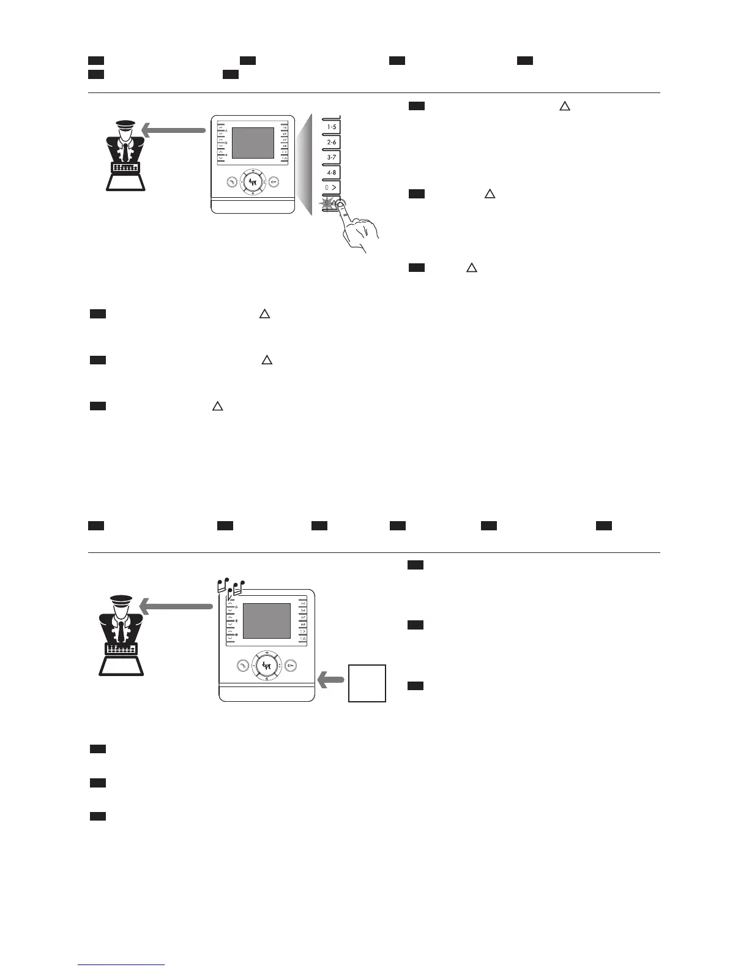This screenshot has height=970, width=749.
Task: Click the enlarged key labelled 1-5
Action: [x=331, y=127]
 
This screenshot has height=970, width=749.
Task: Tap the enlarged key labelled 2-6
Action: [x=331, y=142]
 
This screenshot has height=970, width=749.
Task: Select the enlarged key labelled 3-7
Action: [x=331, y=157]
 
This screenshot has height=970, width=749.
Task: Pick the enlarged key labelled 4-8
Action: [x=331, y=173]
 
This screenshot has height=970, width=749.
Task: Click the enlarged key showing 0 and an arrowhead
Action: [x=331, y=187]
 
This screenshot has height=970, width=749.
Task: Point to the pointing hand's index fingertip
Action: [x=341, y=205]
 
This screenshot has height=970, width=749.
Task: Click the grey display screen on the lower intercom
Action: [x=267, y=621]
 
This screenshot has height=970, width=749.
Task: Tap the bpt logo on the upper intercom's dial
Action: [x=253, y=182]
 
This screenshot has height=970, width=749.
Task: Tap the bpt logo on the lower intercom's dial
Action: [x=267, y=664]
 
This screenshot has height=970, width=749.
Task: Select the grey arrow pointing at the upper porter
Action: [x=173, y=130]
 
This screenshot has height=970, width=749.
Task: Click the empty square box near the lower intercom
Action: [x=367, y=683]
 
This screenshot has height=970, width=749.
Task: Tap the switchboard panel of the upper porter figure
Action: [x=126, y=167]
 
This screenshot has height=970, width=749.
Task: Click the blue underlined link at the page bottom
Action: [x=121, y=964]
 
